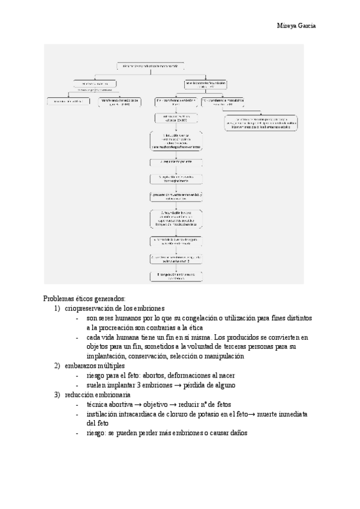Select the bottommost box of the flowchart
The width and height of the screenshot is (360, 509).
[x=176, y=276]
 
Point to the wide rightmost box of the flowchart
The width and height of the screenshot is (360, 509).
[x=262, y=124]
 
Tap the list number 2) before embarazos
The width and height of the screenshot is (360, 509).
[x=58, y=365]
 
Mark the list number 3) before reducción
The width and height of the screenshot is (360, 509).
[x=58, y=395]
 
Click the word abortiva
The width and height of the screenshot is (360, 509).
[x=119, y=405]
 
